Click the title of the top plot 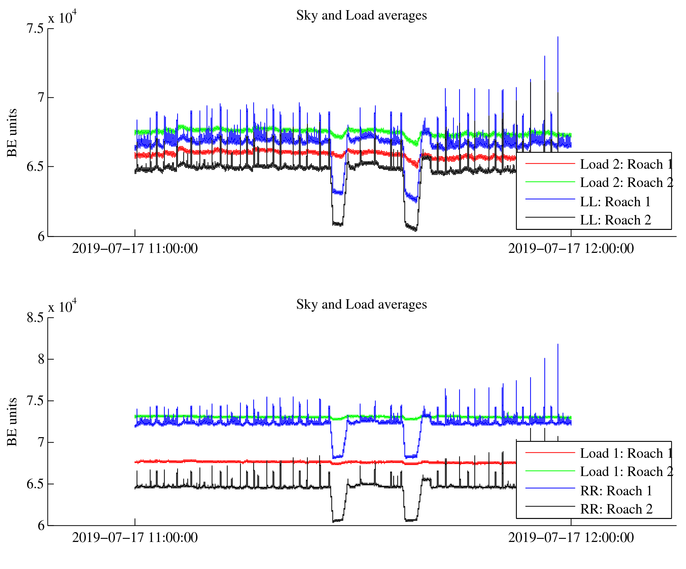[361, 16]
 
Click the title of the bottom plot [361, 305]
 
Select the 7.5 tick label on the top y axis [36, 29]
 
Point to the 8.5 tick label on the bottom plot [36, 318]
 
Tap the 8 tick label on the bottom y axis [41, 359]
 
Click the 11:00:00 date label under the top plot [135, 249]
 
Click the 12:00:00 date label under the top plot [571, 249]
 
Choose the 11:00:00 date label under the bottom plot [135, 538]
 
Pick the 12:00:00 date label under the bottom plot [571, 538]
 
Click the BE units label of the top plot [12, 133]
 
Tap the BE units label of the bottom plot [12, 422]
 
